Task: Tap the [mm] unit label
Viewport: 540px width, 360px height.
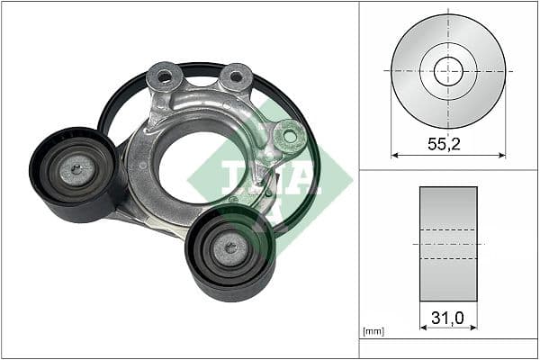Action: pos(373,331)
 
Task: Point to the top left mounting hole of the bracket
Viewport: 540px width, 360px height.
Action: pos(166,77)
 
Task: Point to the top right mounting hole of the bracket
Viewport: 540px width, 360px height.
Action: pos(236,77)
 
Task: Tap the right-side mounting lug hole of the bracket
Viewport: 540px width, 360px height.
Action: pos(289,137)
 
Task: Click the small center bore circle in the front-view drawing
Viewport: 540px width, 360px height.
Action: pos(448,70)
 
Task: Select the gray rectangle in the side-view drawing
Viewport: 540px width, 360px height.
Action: pos(448,244)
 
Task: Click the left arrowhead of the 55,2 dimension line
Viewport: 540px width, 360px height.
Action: pos(394,155)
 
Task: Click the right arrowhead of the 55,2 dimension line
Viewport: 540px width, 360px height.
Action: pos(503,155)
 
